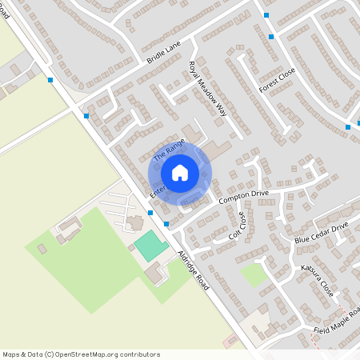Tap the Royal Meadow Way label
tap(208, 90)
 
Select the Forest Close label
tap(276, 81)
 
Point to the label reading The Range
tap(170, 150)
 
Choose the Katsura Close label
tap(317, 277)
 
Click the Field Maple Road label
tap(336, 323)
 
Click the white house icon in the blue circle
tap(179, 173)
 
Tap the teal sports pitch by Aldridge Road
tap(147, 244)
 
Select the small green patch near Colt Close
tap(254, 275)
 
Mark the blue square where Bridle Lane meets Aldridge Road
tap(86, 116)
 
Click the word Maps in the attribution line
tap(11, 354)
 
